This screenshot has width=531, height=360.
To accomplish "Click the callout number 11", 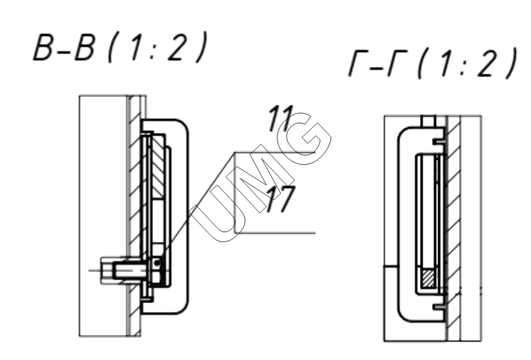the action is (x=280, y=118).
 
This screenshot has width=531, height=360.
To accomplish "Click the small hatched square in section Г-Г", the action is (x=429, y=279).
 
